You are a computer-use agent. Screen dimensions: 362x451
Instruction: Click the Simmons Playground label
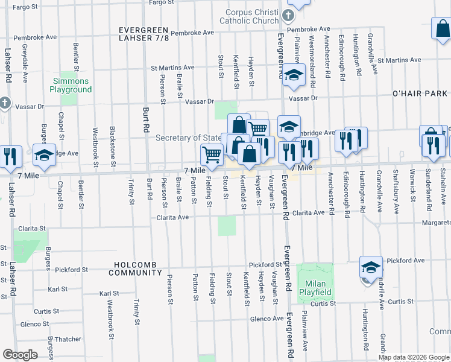71,85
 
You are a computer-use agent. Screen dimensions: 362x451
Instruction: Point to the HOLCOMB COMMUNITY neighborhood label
135,268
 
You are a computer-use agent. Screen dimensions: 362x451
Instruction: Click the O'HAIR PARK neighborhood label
420,94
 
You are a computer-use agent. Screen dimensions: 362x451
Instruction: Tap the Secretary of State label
188,138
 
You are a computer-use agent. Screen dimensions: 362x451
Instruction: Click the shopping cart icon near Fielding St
212,155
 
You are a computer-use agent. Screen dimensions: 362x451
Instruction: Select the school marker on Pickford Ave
371,267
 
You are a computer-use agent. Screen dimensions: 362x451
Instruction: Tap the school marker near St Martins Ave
294,75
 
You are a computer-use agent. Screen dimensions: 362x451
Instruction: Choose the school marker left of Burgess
43,155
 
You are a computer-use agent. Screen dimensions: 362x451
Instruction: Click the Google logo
20,355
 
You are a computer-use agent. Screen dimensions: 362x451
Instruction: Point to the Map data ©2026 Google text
414,357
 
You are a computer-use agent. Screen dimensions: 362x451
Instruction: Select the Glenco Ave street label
266,318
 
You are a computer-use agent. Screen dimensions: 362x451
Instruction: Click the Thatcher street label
68,339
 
